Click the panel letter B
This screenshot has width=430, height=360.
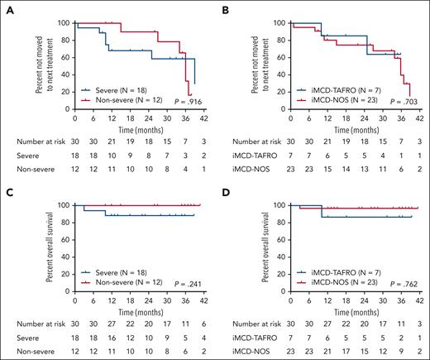click(224, 7)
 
